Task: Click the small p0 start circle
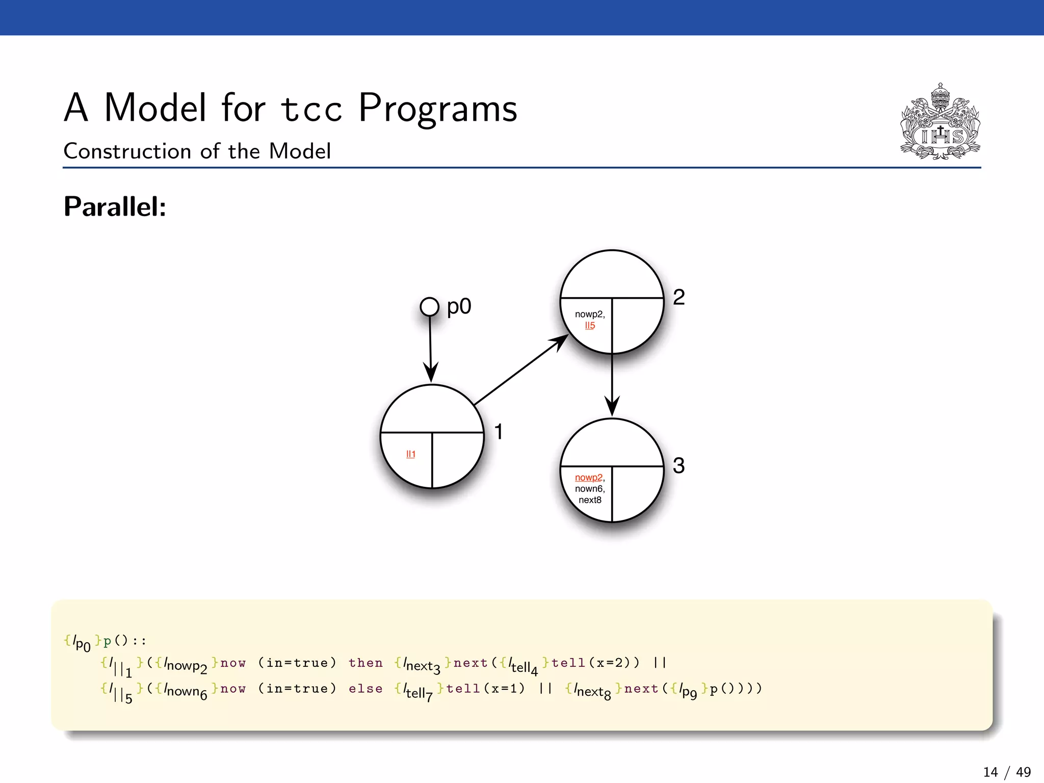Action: [x=429, y=307]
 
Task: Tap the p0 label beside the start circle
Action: [x=459, y=307]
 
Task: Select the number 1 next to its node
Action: [x=499, y=432]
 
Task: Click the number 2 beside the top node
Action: [x=678, y=297]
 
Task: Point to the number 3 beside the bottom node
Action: [x=678, y=465]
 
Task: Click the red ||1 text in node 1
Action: [x=411, y=454]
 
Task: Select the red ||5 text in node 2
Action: [x=590, y=325]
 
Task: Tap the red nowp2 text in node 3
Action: [x=588, y=478]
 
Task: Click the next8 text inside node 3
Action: [x=590, y=500]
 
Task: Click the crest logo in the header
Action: [x=940, y=122]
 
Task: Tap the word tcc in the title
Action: [x=311, y=109]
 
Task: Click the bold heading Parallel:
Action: [x=115, y=207]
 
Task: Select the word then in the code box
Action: [x=366, y=663]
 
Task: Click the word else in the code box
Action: [x=366, y=689]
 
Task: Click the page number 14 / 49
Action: [x=1006, y=772]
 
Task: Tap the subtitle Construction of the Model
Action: [x=197, y=151]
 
